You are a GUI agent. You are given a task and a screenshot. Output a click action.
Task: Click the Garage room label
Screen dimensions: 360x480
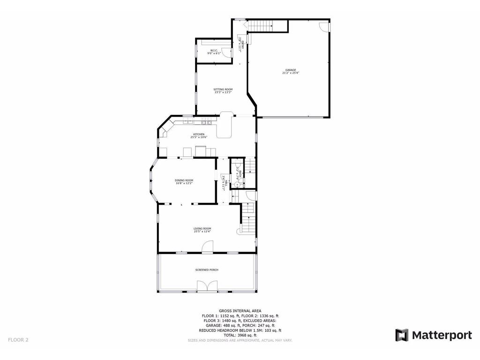click(x=291, y=71)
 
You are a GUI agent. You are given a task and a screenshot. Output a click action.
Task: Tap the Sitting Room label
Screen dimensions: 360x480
click(x=223, y=90)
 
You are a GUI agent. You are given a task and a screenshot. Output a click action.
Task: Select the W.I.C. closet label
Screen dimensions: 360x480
click(x=214, y=52)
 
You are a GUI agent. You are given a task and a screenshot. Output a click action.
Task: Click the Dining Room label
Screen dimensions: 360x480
click(x=184, y=181)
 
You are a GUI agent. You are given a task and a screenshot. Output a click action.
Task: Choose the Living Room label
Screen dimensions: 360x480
click(x=202, y=230)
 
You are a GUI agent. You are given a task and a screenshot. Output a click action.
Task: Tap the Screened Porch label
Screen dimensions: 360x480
click(x=207, y=270)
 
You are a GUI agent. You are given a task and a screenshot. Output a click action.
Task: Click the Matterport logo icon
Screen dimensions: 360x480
click(x=402, y=335)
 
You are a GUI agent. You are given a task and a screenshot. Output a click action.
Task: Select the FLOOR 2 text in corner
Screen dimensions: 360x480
click(x=18, y=339)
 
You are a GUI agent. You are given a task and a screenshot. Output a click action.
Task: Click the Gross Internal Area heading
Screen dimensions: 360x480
click(x=240, y=311)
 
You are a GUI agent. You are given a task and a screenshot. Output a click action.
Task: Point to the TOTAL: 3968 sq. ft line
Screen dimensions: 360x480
click(x=240, y=335)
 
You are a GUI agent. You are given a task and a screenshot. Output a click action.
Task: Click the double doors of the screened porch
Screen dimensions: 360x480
click(x=207, y=286)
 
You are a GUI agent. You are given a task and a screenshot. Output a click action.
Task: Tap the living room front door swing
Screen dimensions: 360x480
click(x=208, y=247)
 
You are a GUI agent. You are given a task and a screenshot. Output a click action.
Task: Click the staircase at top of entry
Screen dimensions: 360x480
click(x=260, y=26)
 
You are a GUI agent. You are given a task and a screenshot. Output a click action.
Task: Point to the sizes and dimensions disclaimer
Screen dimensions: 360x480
click(x=240, y=340)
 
